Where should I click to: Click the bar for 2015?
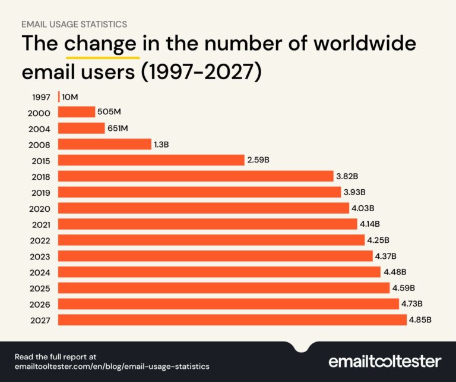[151, 160]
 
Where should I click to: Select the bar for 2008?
[104, 144]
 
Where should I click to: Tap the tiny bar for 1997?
[59, 96]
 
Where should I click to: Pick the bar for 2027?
[232, 320]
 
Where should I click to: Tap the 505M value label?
[110, 112]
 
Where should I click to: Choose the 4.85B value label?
[420, 320]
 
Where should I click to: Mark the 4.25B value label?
[378, 240]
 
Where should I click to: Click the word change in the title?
[102, 45]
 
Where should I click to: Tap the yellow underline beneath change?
[102, 58]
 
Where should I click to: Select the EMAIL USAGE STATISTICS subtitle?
[74, 24]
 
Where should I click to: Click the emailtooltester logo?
[384, 361]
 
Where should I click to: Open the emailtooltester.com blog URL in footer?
[112, 367]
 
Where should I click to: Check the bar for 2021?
[207, 224]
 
